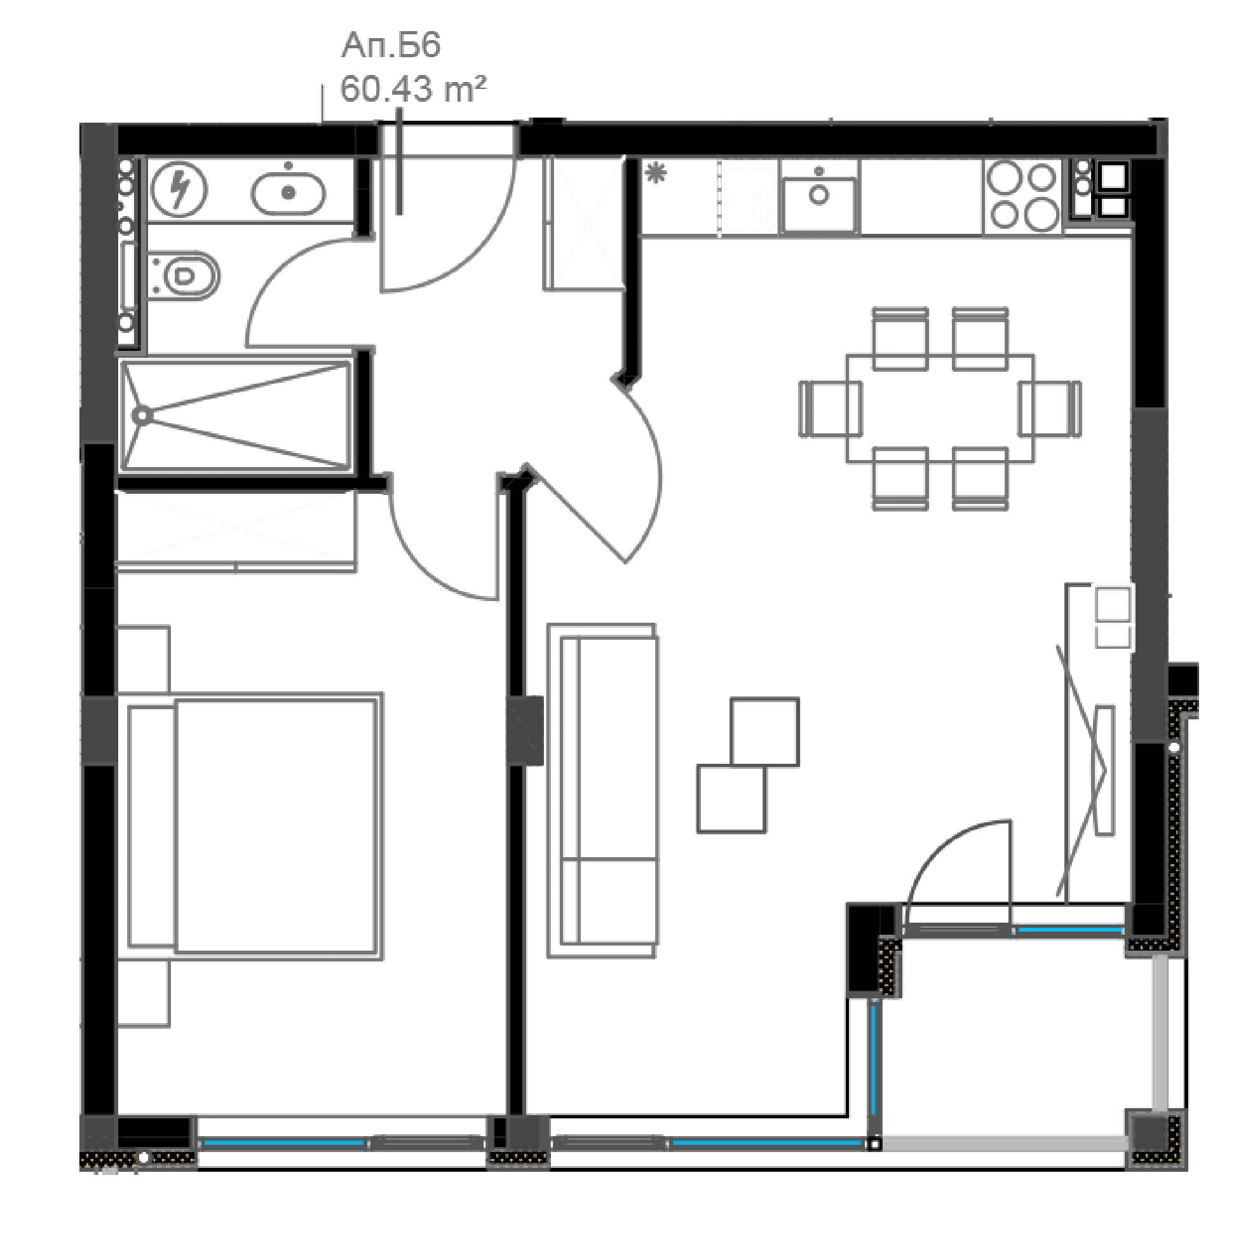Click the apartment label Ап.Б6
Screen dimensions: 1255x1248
[391, 46]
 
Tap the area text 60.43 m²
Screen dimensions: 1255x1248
[413, 89]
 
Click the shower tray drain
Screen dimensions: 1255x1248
[142, 414]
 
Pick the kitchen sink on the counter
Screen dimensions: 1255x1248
[820, 196]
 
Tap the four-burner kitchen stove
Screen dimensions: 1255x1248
[1023, 195]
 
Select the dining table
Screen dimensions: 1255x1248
[940, 408]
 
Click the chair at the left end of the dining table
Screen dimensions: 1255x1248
[830, 408]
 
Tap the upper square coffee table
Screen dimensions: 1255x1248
[764, 731]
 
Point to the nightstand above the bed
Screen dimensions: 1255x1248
[144, 659]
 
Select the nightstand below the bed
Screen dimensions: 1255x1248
[144, 993]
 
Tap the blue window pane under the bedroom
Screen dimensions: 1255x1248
[284, 1141]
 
